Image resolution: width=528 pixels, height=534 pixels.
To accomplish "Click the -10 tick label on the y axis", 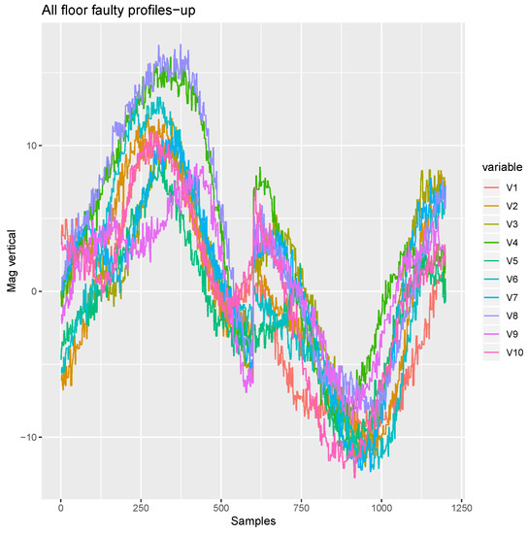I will coord(29,437).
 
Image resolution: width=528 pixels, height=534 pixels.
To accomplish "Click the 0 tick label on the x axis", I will coord(60,507).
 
